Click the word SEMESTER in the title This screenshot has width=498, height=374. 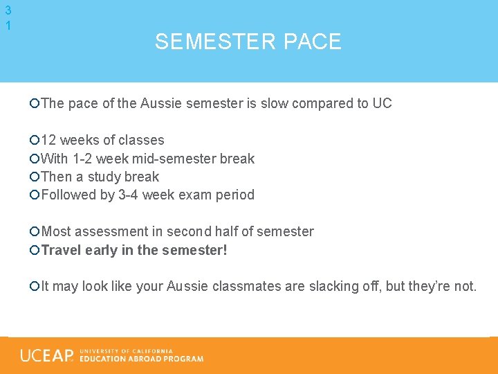(x=205, y=42)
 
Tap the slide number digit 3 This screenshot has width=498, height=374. (x=8, y=10)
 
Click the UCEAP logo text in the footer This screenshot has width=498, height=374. (x=47, y=355)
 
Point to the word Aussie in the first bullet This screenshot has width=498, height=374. (x=160, y=103)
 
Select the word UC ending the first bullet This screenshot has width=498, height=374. (x=382, y=103)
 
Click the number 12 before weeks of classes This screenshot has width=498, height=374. (x=50, y=140)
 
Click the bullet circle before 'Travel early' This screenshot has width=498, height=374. (x=35, y=250)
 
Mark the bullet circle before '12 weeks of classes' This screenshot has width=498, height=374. (x=35, y=141)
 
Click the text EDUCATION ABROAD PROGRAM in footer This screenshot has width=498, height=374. (x=142, y=359)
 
